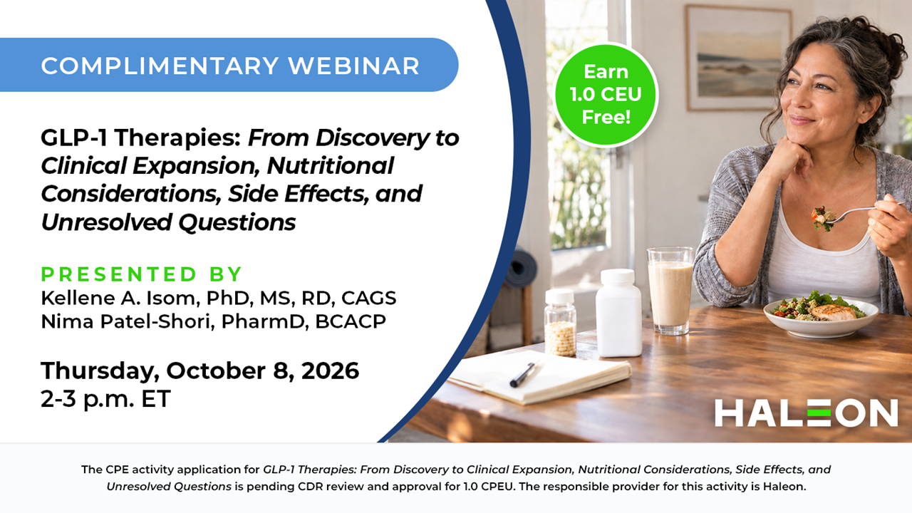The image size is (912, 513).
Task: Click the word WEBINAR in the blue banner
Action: pyautogui.click(x=354, y=66)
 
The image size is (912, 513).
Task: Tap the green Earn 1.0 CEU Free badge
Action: pyautogui.click(x=606, y=95)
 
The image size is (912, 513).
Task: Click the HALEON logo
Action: pyautogui.click(x=806, y=413)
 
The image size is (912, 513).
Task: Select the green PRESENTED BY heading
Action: pyautogui.click(x=141, y=274)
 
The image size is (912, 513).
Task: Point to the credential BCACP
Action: pyautogui.click(x=351, y=321)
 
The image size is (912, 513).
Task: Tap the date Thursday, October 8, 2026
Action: pyautogui.click(x=200, y=371)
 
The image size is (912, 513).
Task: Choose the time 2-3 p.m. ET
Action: pyautogui.click(x=105, y=398)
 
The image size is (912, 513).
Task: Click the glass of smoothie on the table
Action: pyautogui.click(x=670, y=290)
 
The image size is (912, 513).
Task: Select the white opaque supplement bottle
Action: pyautogui.click(x=618, y=312)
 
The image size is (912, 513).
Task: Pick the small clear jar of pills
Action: pyautogui.click(x=560, y=323)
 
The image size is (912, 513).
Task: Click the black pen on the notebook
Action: pyautogui.click(x=524, y=374)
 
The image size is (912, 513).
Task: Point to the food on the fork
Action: pyautogui.click(x=822, y=218)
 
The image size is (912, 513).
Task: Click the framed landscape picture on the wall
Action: pyautogui.click(x=739, y=58)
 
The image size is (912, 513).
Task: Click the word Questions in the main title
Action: pyautogui.click(x=237, y=222)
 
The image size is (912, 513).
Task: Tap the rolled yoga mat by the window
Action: pyautogui.click(x=520, y=269)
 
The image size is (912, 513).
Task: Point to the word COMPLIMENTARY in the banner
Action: pyautogui.click(x=160, y=66)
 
